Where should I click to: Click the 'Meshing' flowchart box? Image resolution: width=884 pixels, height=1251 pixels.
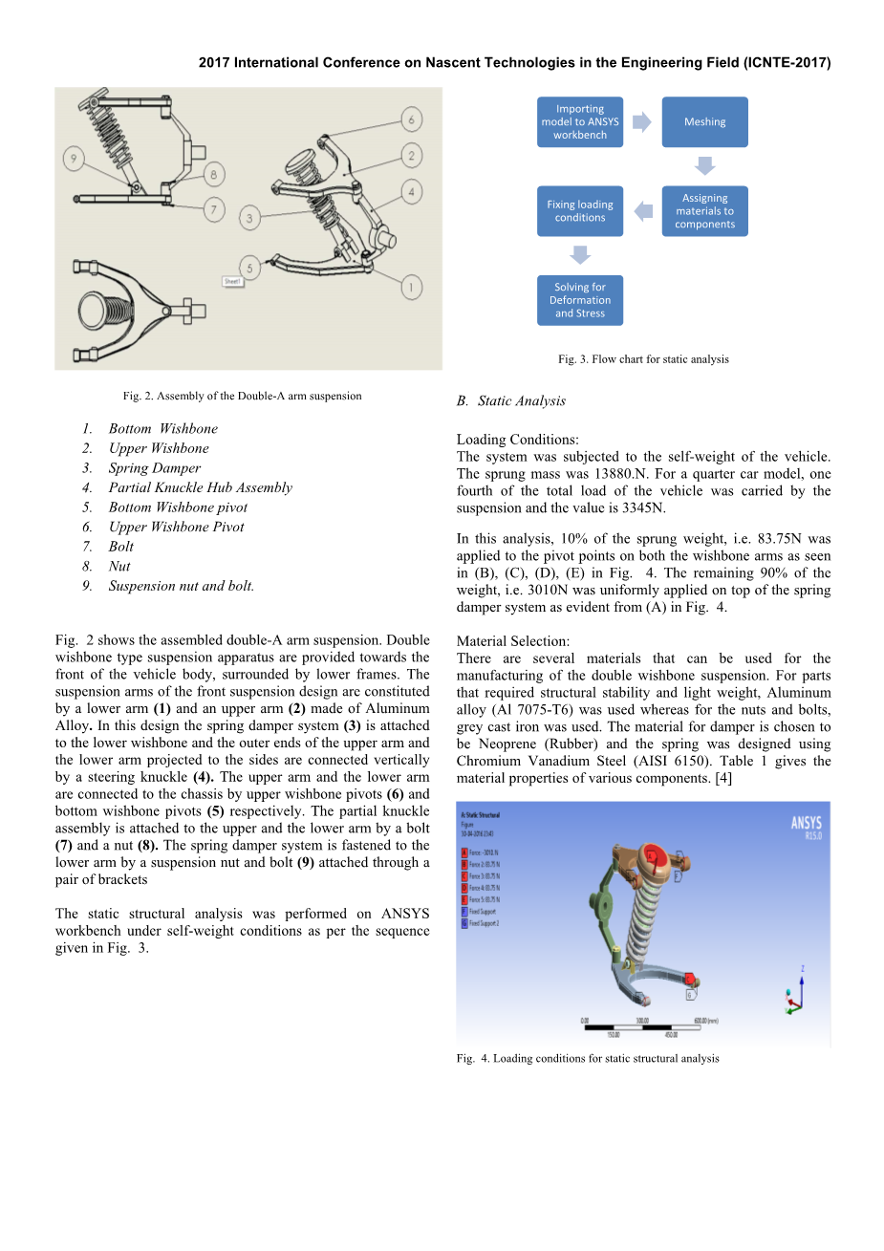pos(704,122)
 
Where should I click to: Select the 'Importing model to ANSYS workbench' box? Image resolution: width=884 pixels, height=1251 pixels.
pos(580,122)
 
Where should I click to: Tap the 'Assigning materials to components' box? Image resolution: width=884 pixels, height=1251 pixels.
pos(704,211)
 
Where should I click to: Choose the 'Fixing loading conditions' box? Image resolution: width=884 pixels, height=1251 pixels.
pos(580,211)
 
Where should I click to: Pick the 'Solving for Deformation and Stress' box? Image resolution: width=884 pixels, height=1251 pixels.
pos(580,300)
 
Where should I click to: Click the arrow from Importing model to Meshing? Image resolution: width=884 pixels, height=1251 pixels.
pos(642,122)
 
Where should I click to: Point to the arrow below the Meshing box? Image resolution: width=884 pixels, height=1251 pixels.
pos(704,166)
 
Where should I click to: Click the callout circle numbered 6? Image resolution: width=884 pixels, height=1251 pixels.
pos(411,119)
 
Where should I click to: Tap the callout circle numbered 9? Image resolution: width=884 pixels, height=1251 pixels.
pos(74,158)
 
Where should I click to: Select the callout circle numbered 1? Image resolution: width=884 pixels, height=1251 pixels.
pos(411,287)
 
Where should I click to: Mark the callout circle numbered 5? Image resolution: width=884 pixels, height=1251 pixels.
pos(249,268)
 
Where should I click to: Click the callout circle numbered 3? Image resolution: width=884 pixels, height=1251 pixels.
pos(249,218)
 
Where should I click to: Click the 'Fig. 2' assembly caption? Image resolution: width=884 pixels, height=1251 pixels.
pos(242,396)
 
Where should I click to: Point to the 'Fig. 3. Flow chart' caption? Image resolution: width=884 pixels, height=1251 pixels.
pos(643,359)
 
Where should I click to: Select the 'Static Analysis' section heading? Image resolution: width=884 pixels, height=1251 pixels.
pos(521,401)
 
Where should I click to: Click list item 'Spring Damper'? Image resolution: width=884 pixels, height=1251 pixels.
pos(154,468)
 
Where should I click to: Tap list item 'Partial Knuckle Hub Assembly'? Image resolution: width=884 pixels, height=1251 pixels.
pos(200,487)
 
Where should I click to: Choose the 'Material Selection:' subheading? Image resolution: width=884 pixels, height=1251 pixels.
pos(513,641)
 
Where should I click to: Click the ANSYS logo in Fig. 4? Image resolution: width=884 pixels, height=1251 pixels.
pos(806,827)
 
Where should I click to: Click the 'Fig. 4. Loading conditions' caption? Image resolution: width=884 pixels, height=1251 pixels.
pos(588,1058)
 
